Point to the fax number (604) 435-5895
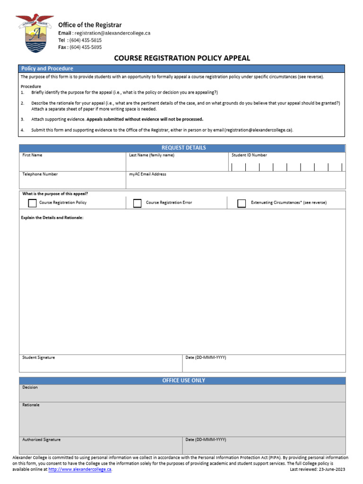pyautogui.click(x=86, y=47)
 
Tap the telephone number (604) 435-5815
pyautogui.click(x=86, y=40)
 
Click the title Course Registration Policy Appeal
pyautogui.click(x=182, y=58)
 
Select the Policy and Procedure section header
pyautogui.click(x=47, y=69)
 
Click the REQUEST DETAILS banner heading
pyautogui.click(x=183, y=148)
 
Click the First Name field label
pyautogui.click(x=32, y=155)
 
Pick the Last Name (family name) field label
pyautogui.click(x=152, y=155)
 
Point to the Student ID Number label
pyautogui.click(x=249, y=155)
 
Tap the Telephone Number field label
pyautogui.click(x=40, y=174)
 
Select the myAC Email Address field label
pyautogui.click(x=147, y=174)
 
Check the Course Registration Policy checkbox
pyautogui.click(x=32, y=203)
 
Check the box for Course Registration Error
pyautogui.click(x=138, y=203)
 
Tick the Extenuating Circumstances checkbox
pyautogui.click(x=242, y=203)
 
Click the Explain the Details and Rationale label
pyautogui.click(x=52, y=217)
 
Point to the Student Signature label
pyautogui.click(x=39, y=357)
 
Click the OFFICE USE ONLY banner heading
pyautogui.click(x=183, y=380)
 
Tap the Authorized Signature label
pyautogui.click(x=42, y=440)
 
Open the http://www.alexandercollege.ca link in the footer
pyautogui.click(x=80, y=469)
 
